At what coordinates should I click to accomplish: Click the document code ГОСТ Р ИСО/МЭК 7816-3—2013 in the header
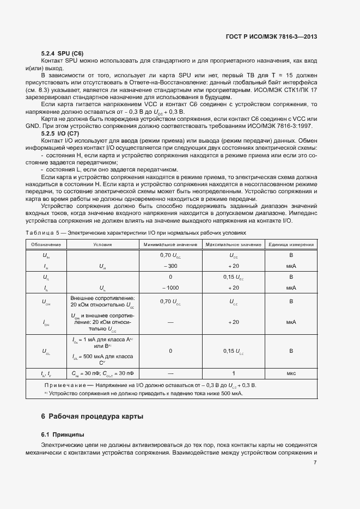coord(271,36)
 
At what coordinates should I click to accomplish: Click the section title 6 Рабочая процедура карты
coord(93,417)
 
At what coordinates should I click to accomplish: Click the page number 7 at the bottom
coord(315,463)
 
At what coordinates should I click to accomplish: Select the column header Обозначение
coord(46,245)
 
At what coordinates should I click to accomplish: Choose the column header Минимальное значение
coord(170,245)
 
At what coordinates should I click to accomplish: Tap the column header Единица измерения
coord(291,245)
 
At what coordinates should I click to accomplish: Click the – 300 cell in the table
coord(170,266)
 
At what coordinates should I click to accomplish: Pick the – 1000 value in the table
coord(170,287)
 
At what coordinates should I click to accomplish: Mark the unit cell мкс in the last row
coord(291,373)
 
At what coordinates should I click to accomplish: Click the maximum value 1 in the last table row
coord(234,373)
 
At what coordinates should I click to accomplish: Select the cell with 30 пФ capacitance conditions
coord(102,373)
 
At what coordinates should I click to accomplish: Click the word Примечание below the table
coord(64,385)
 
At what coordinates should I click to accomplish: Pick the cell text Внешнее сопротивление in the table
coord(102,298)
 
